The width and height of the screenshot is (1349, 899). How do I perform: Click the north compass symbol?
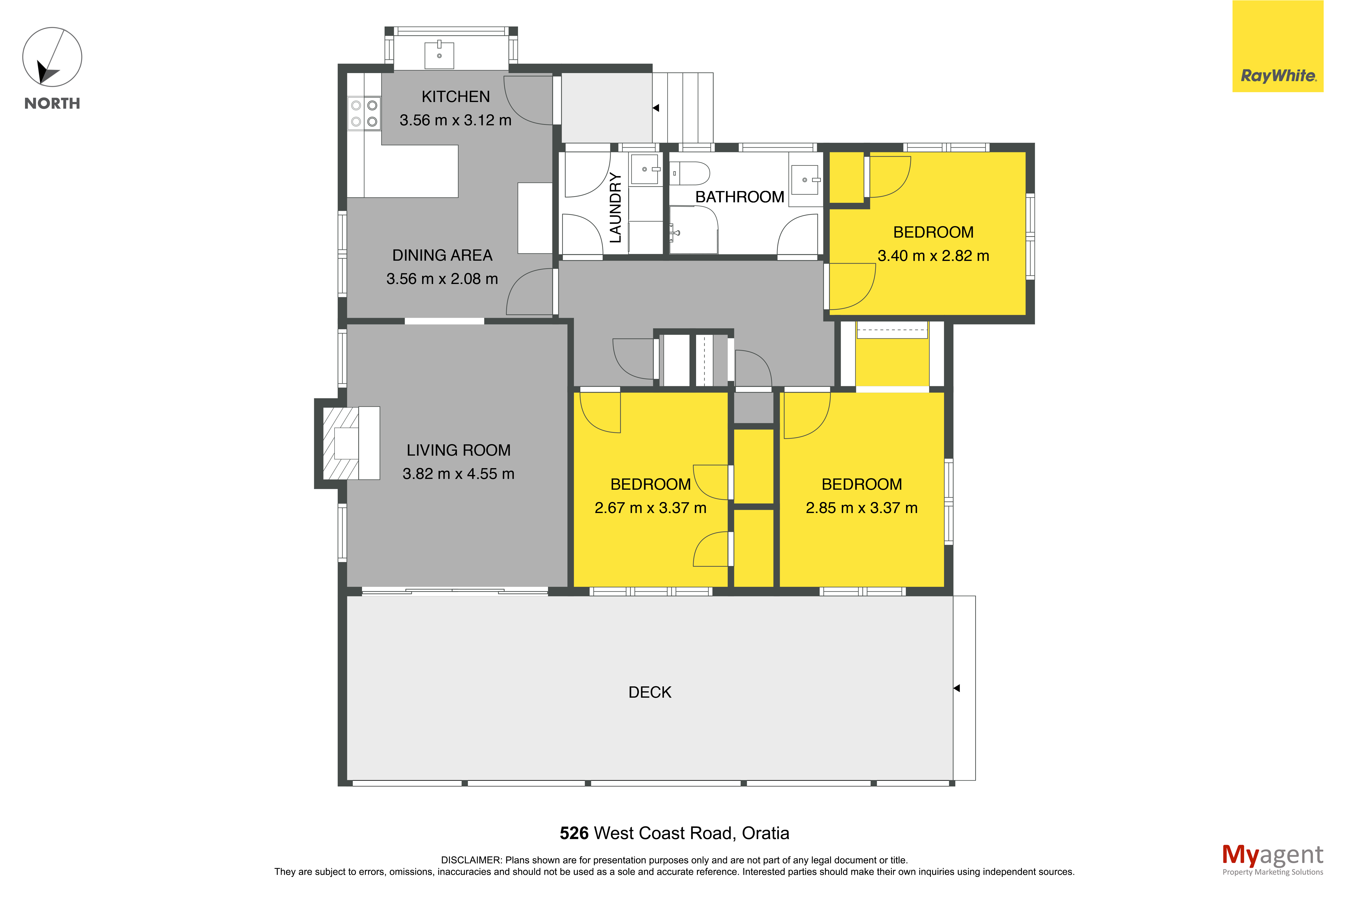[52, 57]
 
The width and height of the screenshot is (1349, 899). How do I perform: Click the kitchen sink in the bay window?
[439, 55]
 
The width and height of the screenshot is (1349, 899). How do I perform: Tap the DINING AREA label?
[442, 255]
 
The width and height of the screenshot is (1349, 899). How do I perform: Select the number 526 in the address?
[574, 833]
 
